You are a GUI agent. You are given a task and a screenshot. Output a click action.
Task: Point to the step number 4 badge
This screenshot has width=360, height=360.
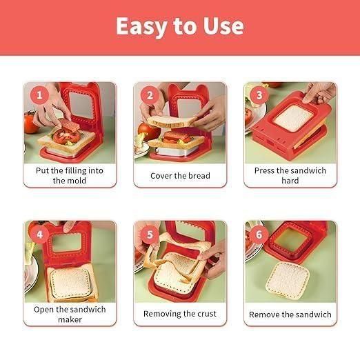[x=39, y=234]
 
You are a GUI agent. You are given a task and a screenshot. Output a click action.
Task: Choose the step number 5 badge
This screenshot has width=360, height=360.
[x=148, y=234]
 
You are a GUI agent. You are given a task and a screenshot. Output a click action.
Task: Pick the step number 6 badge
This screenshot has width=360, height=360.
[x=259, y=234]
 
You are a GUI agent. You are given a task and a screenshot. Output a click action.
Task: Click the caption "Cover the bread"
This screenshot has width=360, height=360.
[x=180, y=176]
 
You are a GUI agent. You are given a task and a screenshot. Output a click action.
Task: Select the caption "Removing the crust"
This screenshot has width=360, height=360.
[x=180, y=314]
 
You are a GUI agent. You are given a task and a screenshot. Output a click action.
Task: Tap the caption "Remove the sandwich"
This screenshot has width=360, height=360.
[x=290, y=314]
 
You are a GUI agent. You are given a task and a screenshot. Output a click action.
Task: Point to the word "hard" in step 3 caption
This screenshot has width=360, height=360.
[x=290, y=181]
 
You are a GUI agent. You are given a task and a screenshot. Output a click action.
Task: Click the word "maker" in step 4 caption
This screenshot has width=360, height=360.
[x=70, y=319]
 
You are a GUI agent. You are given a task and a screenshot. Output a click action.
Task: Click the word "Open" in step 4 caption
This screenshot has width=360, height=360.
[x=46, y=309]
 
